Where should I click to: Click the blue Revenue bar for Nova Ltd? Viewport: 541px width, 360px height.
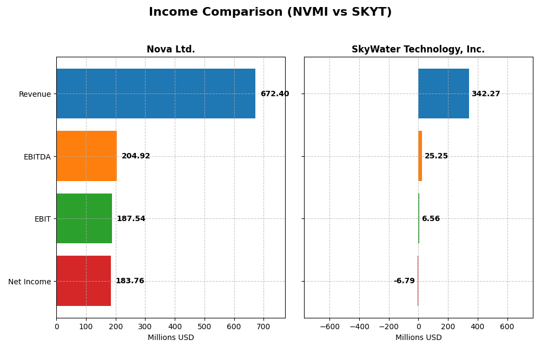click(x=156, y=94)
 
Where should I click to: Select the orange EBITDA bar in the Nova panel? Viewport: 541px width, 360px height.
click(x=87, y=156)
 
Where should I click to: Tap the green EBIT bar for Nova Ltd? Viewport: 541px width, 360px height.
click(x=84, y=218)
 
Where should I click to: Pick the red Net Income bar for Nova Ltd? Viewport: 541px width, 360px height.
click(x=83, y=281)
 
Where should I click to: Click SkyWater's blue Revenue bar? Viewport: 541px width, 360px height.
click(x=444, y=94)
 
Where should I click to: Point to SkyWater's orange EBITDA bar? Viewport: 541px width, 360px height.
click(x=420, y=156)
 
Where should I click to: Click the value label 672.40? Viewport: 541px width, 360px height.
click(x=275, y=94)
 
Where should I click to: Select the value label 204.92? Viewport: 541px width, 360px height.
click(x=136, y=156)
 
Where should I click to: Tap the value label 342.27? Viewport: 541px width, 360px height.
click(x=486, y=94)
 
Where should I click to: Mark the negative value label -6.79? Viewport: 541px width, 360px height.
click(x=404, y=281)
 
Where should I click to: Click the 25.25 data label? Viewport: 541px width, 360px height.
click(x=436, y=156)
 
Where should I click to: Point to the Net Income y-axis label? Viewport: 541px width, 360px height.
click(x=30, y=282)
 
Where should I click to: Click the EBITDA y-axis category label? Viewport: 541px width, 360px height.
click(x=37, y=157)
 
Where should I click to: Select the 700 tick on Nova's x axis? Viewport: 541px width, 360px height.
click(x=263, y=326)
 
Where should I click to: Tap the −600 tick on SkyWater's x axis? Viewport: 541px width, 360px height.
click(x=329, y=326)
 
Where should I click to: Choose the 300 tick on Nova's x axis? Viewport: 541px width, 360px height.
click(x=145, y=326)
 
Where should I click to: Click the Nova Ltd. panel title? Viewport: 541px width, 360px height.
click(x=170, y=50)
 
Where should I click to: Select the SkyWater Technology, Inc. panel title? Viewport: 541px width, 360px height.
click(x=418, y=50)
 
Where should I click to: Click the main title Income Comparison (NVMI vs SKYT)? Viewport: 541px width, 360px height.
click(x=270, y=12)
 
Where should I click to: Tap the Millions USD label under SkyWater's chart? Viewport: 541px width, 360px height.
click(x=418, y=337)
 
